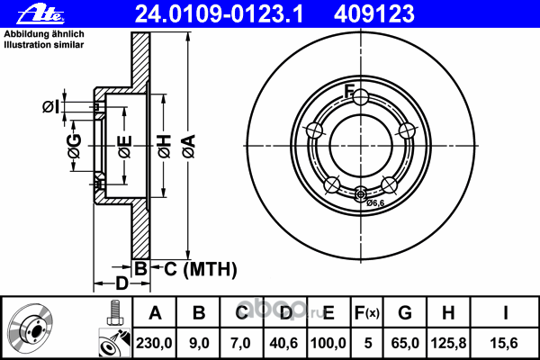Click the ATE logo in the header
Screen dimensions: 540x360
[x=40, y=14]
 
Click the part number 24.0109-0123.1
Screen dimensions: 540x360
[x=220, y=14]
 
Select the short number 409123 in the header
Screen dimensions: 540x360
[x=374, y=14]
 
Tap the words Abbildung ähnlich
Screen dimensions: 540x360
[x=44, y=34]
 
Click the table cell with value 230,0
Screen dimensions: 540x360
[x=154, y=343]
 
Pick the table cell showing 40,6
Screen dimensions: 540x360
[x=283, y=343]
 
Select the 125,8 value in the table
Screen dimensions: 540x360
[x=448, y=343]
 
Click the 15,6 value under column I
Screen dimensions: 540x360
[x=504, y=343]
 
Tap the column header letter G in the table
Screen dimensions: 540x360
[x=405, y=313]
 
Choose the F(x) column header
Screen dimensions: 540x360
[x=367, y=313]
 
